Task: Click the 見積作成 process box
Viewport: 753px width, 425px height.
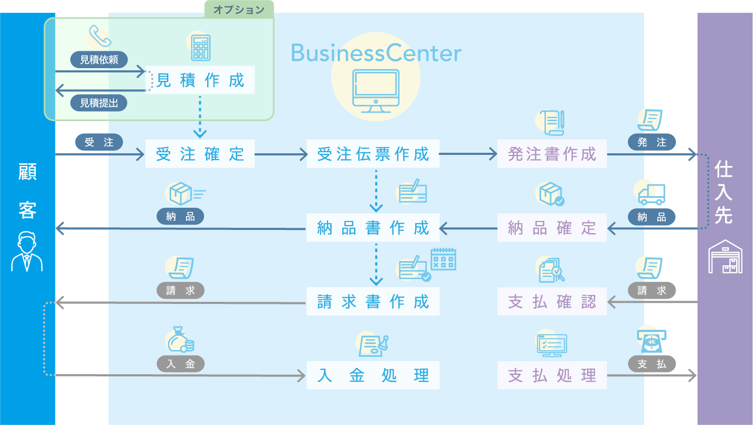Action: (200, 80)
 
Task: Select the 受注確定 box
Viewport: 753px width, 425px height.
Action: (200, 154)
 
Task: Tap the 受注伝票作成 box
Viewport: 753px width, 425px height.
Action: (373, 154)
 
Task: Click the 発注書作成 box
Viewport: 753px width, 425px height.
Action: (552, 154)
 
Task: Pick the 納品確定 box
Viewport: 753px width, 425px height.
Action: (552, 228)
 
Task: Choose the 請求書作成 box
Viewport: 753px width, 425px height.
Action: (373, 302)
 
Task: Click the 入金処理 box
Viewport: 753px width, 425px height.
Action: (373, 376)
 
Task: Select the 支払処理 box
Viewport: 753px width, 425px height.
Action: (552, 376)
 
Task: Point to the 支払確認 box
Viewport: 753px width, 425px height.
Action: (552, 302)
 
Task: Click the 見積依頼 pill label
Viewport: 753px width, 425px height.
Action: (99, 60)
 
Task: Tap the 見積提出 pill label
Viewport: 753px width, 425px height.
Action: (99, 103)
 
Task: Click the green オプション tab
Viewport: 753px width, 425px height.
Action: (239, 10)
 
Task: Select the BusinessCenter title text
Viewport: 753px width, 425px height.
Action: (376, 53)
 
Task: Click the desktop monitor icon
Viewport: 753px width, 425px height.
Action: (376, 91)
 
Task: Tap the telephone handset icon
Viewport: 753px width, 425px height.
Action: (99, 36)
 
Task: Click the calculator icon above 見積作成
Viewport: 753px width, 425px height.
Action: (201, 47)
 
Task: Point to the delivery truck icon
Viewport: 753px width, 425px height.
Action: (652, 195)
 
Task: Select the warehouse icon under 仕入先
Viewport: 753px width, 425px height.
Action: (725, 256)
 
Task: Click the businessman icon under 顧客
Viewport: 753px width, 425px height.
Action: (27, 251)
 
